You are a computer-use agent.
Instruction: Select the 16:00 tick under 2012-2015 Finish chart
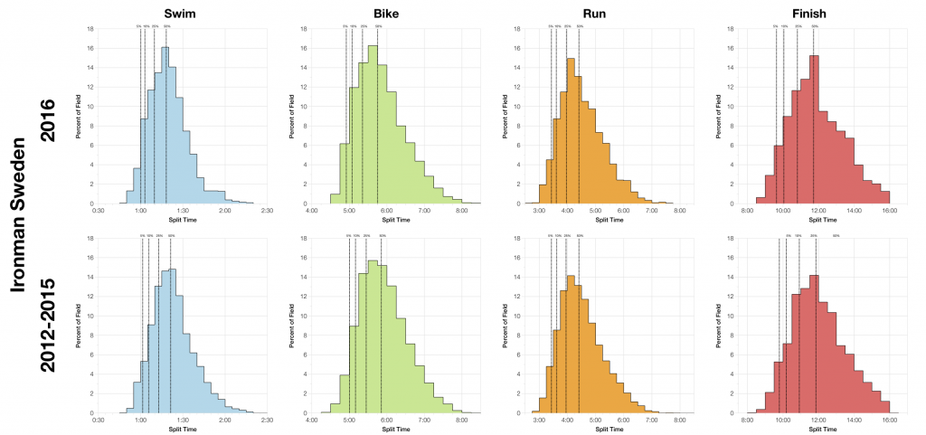(889, 421)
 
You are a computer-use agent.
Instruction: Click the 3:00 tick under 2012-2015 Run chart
(539, 421)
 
